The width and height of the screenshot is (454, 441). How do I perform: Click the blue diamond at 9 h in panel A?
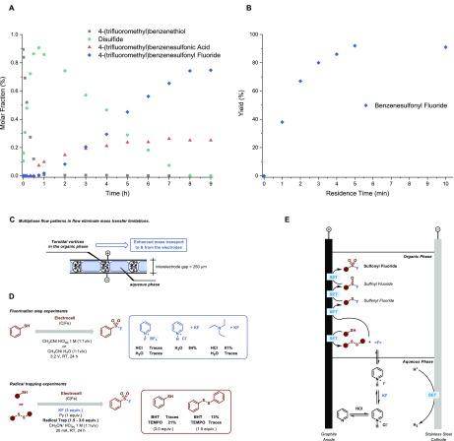click(210, 69)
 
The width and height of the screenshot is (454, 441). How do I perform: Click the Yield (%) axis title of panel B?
click(243, 94)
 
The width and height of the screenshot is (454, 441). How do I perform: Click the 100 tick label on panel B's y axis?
click(255, 33)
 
